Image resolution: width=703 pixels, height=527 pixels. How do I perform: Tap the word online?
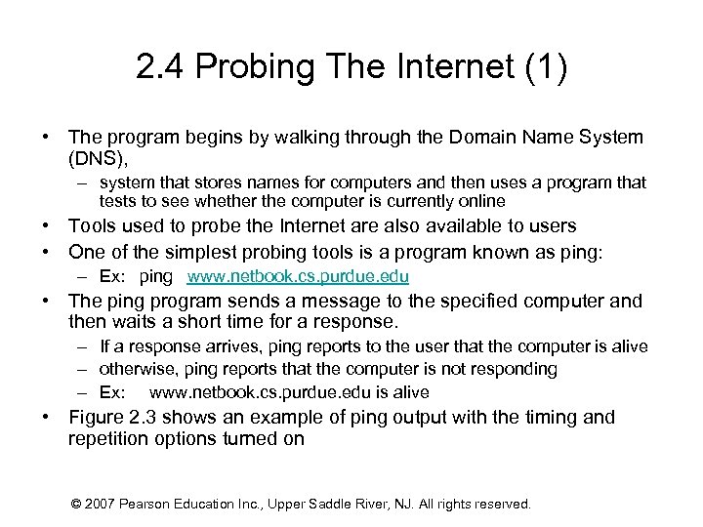click(480, 201)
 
